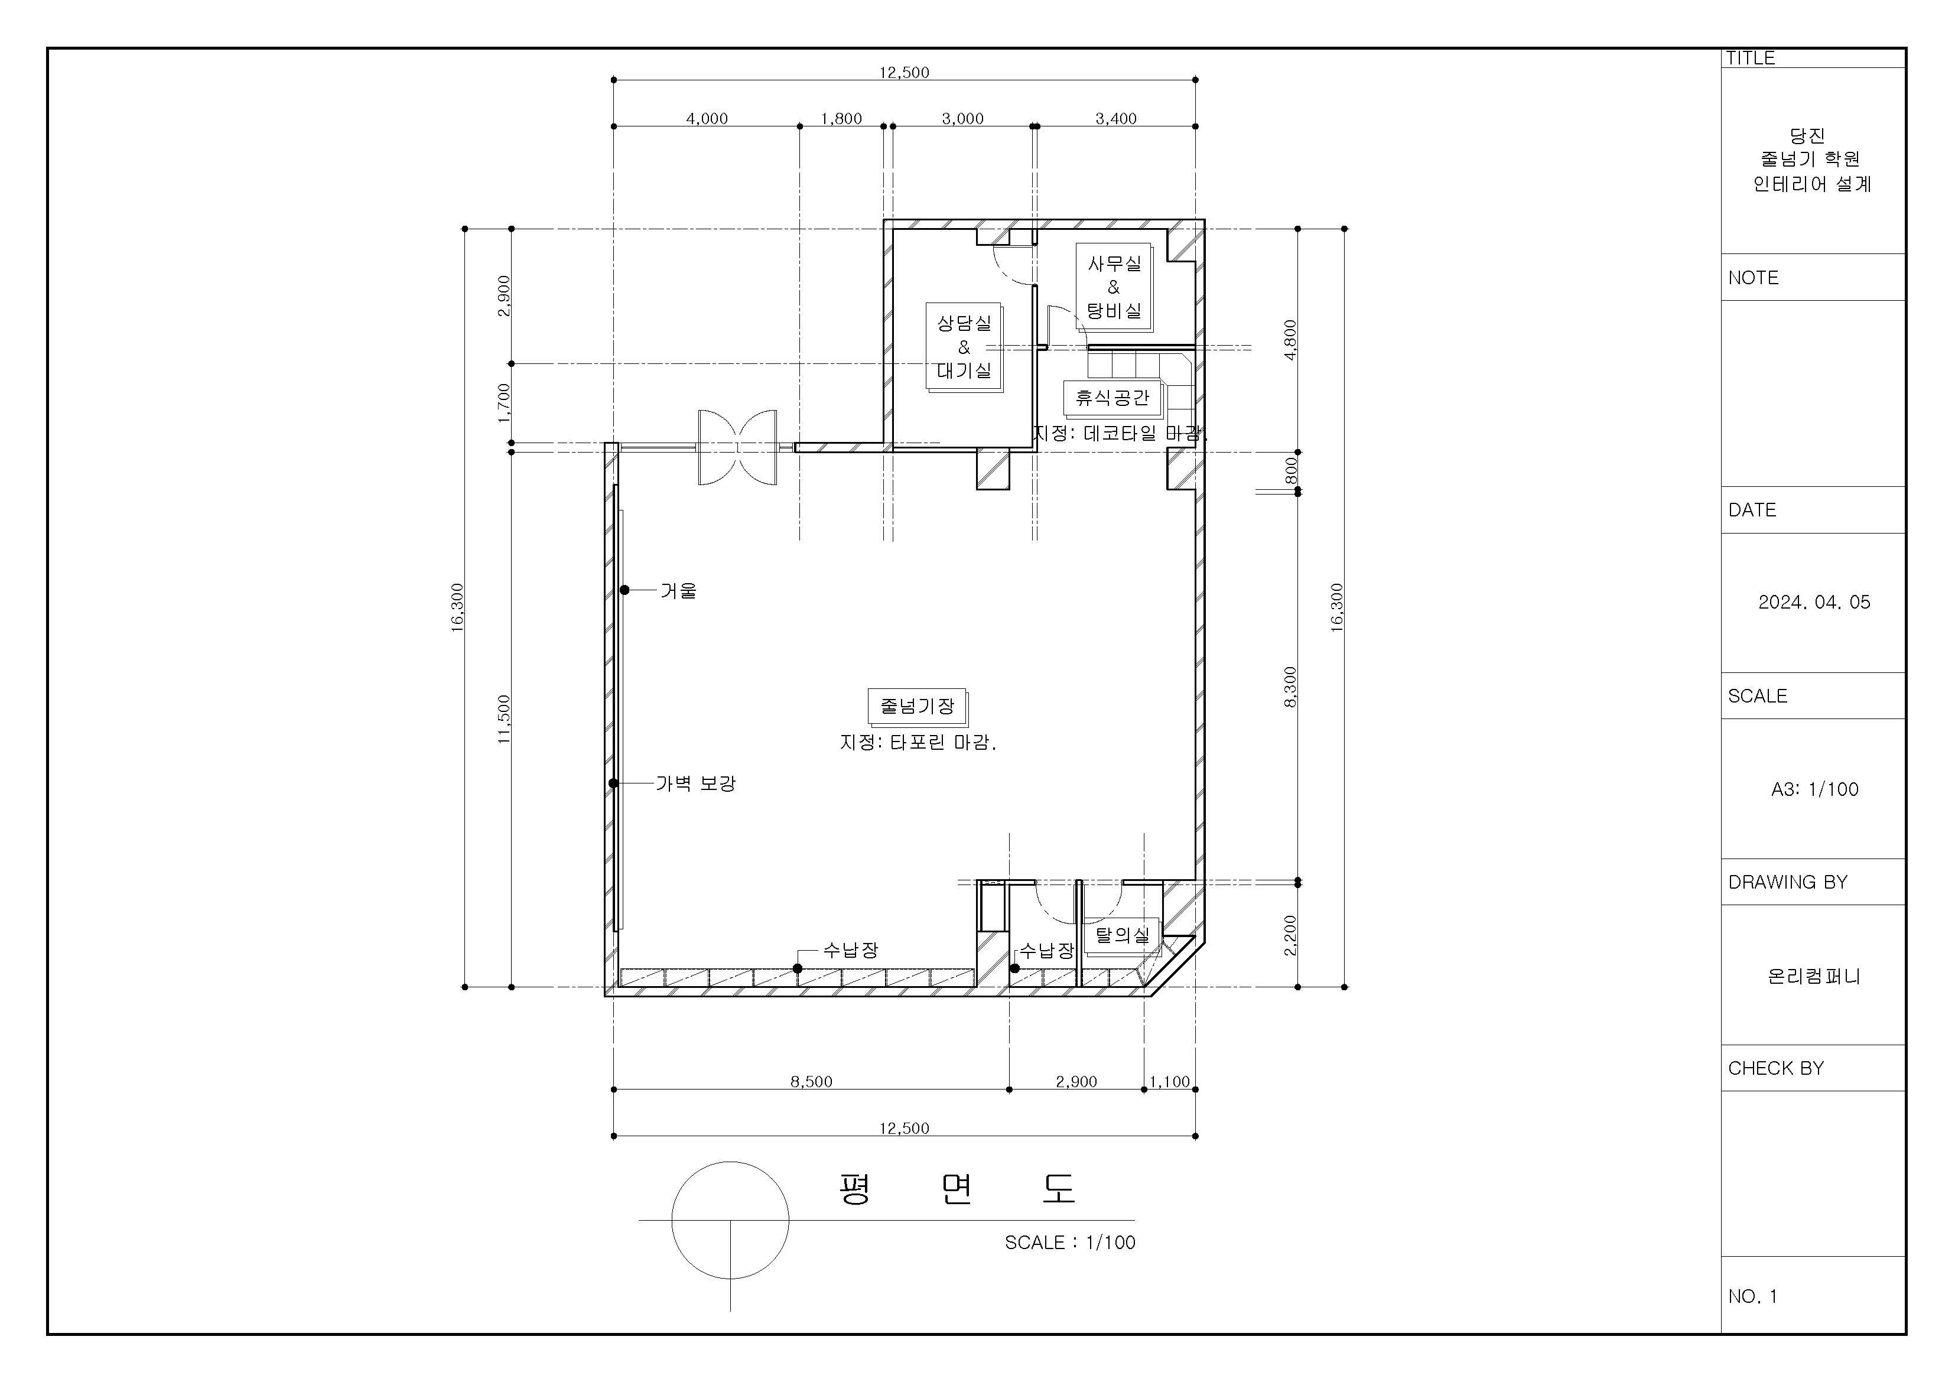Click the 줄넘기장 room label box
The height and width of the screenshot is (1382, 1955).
[x=917, y=706]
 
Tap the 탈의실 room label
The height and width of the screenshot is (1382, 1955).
[x=1123, y=935]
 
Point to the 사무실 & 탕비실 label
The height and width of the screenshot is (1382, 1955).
[x=1114, y=287]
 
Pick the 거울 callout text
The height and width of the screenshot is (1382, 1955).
[x=679, y=590]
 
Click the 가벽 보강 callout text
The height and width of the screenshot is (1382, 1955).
[x=695, y=783]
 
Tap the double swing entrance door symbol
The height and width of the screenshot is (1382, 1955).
[x=737, y=447]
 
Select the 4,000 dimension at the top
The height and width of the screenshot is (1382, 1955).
[x=707, y=118]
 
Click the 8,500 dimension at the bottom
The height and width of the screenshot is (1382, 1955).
[x=811, y=1081]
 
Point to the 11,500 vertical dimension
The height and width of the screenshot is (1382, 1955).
[x=504, y=720]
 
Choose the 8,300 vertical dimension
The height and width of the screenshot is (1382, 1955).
[x=1291, y=687]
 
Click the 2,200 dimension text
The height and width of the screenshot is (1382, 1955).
[x=1291, y=935]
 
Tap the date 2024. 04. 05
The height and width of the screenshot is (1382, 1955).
[x=1814, y=602]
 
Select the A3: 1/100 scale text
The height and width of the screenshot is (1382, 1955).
[x=1814, y=789]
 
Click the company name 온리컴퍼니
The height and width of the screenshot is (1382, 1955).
[x=1814, y=976]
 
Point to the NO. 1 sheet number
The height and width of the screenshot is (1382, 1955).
[x=1752, y=1296]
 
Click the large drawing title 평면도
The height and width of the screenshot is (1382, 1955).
[x=957, y=1189]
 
